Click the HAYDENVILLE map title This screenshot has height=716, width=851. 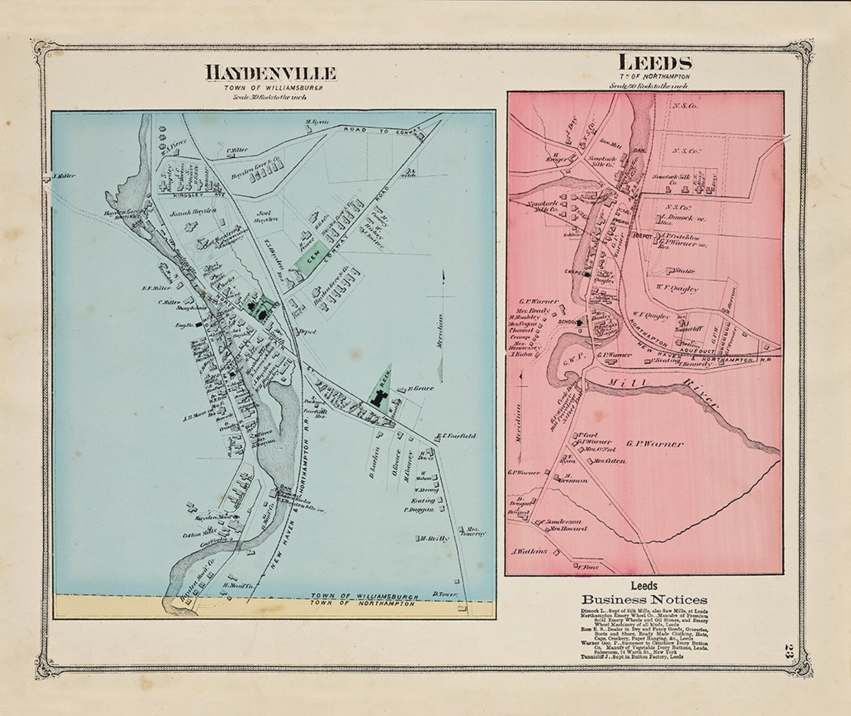[x=271, y=72]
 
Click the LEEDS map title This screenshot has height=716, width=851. [x=655, y=63]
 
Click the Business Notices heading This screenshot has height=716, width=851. [x=644, y=600]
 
